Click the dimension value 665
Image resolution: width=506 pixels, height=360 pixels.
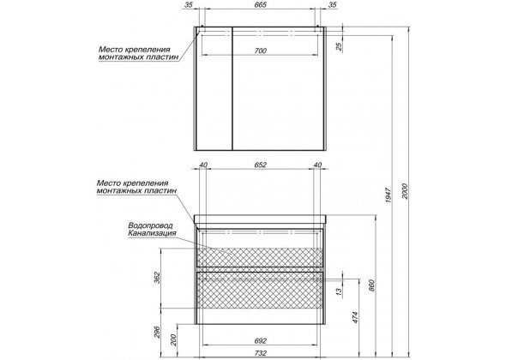click(261, 5)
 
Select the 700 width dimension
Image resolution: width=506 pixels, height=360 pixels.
click(261, 51)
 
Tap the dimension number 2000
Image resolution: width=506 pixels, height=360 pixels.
click(405, 191)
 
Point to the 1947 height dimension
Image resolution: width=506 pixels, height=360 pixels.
click(389, 195)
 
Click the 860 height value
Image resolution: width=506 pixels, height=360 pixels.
click(371, 285)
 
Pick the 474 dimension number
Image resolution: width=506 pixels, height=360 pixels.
click(355, 317)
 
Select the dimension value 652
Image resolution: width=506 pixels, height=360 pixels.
click(261, 165)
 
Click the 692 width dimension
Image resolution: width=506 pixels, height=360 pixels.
click(261, 341)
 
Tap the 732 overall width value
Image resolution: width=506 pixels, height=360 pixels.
click(261, 353)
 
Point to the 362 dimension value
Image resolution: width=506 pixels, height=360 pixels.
click(157, 278)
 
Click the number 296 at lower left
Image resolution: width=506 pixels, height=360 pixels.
click(157, 333)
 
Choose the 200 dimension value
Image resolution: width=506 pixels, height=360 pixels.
click(173, 339)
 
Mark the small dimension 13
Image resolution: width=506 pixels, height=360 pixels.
click(338, 291)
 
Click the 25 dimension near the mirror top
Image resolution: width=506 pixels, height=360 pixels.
click(339, 47)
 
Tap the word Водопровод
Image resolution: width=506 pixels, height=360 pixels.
click(150, 225)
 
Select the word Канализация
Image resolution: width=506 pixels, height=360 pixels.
click(152, 233)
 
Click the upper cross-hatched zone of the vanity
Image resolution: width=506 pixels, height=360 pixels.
click(260, 257)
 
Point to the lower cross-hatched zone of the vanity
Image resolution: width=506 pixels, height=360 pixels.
click(260, 293)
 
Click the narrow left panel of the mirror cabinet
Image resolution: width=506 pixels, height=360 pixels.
click(214, 88)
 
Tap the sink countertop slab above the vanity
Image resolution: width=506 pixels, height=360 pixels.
click(260, 219)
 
